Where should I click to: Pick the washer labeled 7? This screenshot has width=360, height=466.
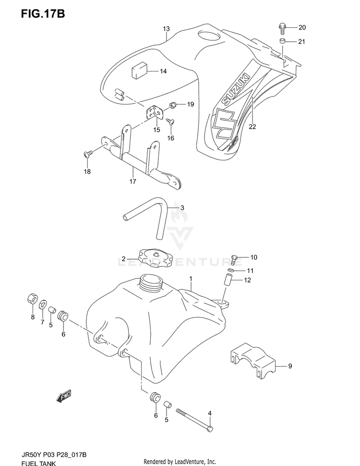click(x=43, y=303)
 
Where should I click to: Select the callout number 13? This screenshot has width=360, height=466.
click(x=166, y=29)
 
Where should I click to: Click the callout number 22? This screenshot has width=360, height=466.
click(x=252, y=127)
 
